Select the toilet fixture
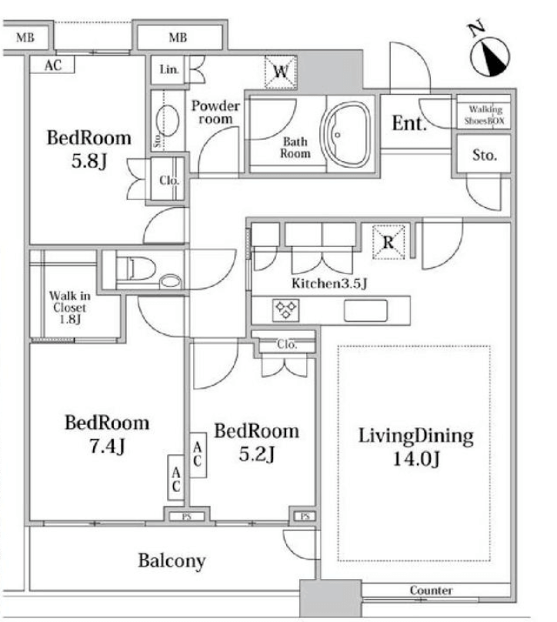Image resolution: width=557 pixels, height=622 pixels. coord(135,269)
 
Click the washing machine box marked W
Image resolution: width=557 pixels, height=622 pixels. coord(281,72)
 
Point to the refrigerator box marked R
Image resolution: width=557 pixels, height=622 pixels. coord(389,242)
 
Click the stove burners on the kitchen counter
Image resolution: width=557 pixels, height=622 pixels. coord(286,309)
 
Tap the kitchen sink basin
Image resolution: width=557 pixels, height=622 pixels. coord(365,310)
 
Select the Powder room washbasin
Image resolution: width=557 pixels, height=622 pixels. coord(167,119)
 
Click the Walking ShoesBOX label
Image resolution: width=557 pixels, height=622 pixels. coord(485,115)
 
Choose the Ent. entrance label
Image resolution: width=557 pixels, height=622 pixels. coord(409,123)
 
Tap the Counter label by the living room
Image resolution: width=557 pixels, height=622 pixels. coord(431,590)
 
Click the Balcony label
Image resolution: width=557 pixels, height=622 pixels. coord(172,560)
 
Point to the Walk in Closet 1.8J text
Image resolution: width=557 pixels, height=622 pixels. coord(70,307)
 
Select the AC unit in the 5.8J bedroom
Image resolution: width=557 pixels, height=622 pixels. coord(52,64)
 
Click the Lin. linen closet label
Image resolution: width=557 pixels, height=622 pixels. coord(169,70)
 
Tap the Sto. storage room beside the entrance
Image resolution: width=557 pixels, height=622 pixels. coord(484,154)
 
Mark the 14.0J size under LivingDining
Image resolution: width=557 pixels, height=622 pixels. coord(416,460)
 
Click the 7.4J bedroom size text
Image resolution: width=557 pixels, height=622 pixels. coord(107,446)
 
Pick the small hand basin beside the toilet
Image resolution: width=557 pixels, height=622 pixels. coord(171,281)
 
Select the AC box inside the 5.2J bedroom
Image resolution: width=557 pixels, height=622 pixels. coord(198,455)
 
